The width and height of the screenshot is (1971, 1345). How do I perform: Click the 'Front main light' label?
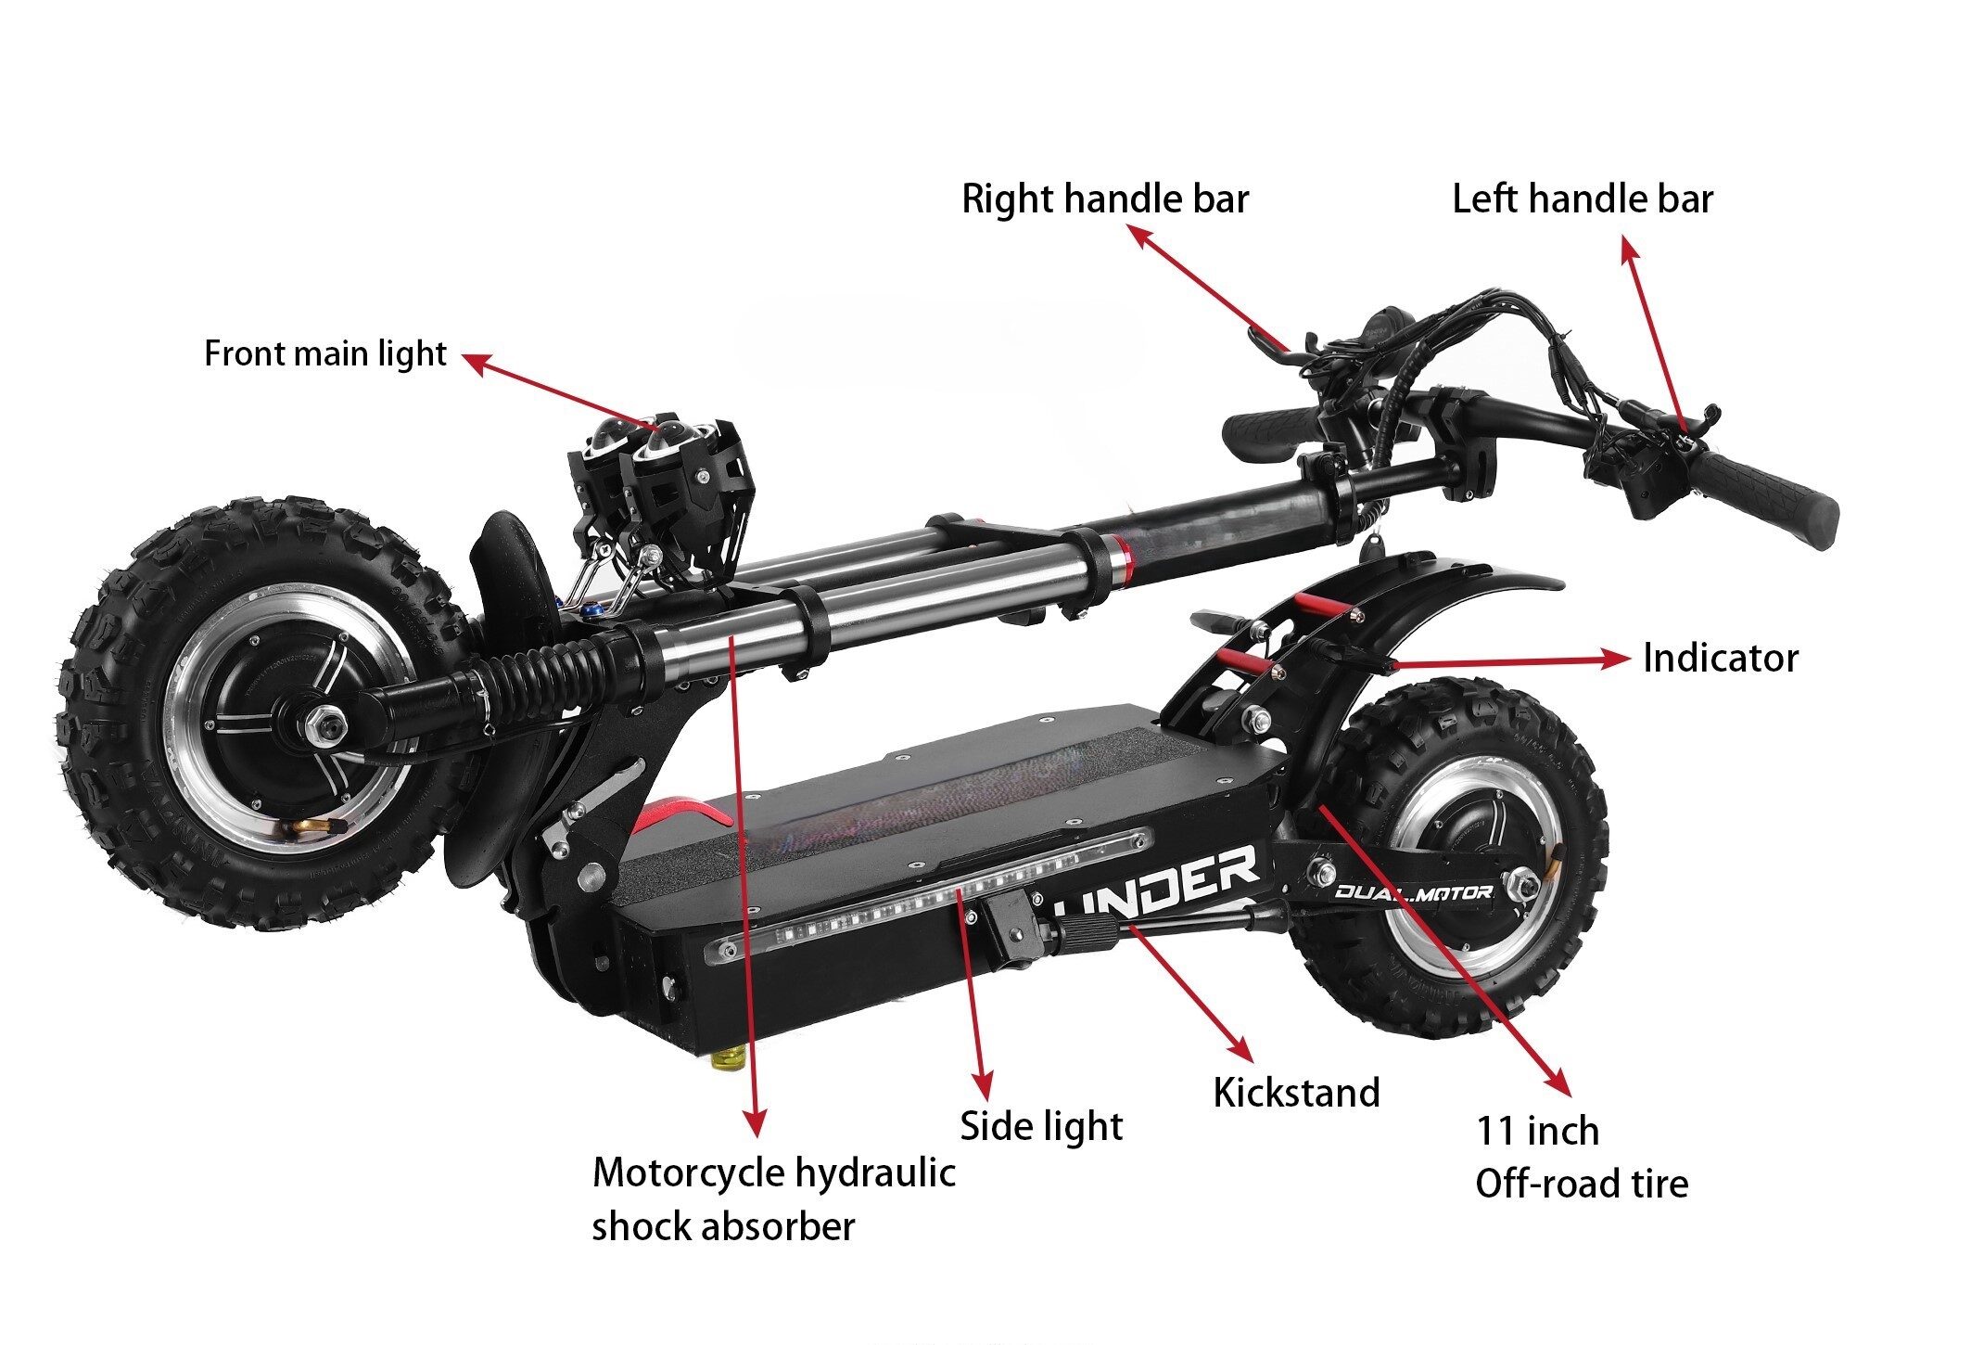pyautogui.click(x=324, y=354)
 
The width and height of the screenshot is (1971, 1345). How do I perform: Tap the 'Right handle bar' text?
pyautogui.click(x=1104, y=199)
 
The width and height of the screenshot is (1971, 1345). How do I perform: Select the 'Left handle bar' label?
pyautogui.click(x=1582, y=199)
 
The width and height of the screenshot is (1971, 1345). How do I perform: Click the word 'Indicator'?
pyautogui.click(x=1720, y=659)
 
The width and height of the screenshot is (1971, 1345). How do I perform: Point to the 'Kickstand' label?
pyautogui.click(x=1296, y=1093)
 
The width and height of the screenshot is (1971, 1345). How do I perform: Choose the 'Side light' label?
pyautogui.click(x=1040, y=1126)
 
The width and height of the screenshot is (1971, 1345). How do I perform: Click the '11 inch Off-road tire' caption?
pyautogui.click(x=1581, y=1158)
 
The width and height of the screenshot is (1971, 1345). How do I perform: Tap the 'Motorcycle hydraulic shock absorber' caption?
pyautogui.click(x=772, y=1198)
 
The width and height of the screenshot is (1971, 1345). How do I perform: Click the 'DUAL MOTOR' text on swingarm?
pyautogui.click(x=1413, y=892)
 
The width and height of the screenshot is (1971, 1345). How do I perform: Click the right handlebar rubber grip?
pyautogui.click(x=1266, y=432)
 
